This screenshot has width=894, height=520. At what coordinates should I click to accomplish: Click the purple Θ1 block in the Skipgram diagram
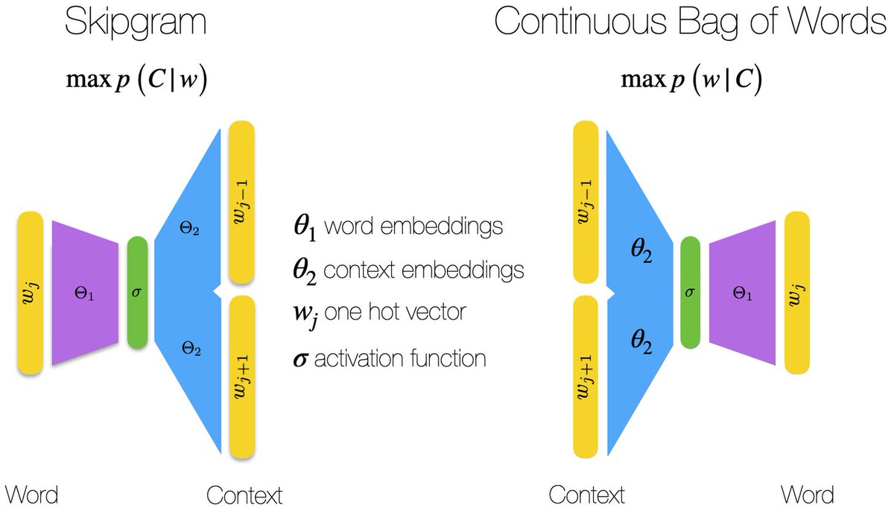[85, 293]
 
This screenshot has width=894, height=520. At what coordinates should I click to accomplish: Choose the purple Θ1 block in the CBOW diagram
[742, 293]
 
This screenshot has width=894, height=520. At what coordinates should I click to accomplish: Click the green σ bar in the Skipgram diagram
[136, 293]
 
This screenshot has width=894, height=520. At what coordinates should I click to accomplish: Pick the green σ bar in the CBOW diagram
[691, 293]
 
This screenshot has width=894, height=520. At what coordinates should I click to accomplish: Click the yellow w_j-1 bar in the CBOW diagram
[586, 207]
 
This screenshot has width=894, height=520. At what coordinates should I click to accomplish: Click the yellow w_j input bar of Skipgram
[29, 293]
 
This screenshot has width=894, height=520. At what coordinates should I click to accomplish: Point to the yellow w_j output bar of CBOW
[797, 293]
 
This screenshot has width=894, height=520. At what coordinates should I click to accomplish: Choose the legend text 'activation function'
[400, 358]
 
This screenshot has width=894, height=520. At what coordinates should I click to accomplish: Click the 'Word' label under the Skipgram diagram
[31, 495]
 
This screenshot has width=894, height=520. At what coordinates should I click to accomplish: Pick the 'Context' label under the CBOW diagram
[586, 495]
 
